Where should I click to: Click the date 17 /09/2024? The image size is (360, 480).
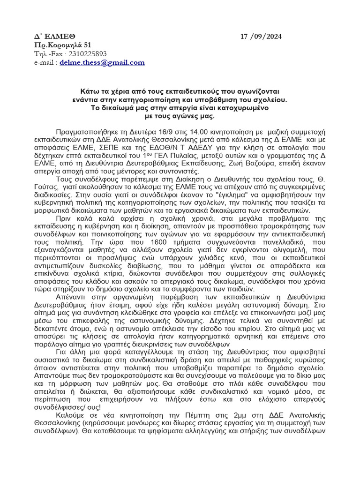[261, 37]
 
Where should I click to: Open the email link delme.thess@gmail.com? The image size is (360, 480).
[102, 62]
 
